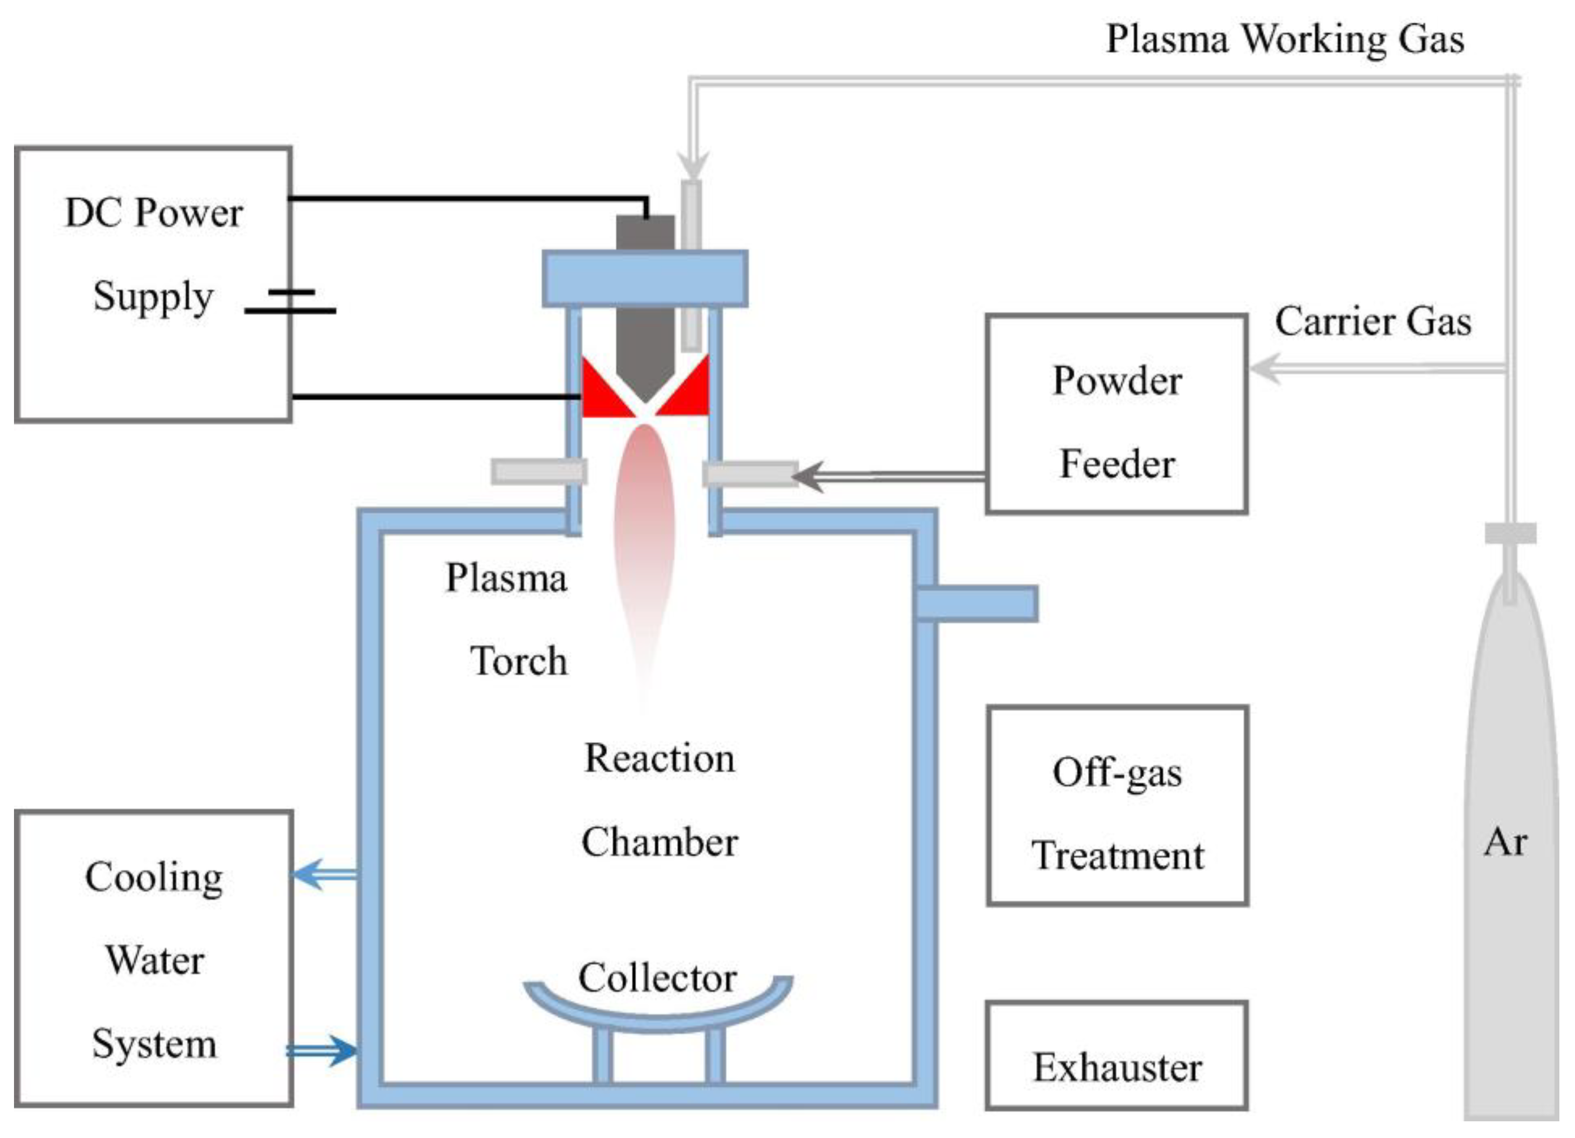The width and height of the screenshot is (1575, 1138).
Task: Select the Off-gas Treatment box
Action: click(x=1117, y=805)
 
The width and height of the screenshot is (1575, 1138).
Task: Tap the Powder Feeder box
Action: click(x=1117, y=415)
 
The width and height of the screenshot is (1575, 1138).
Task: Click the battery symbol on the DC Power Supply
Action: click(x=290, y=302)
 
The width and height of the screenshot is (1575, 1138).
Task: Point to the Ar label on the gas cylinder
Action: click(x=1505, y=843)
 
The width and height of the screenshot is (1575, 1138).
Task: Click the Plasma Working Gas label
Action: click(x=1285, y=39)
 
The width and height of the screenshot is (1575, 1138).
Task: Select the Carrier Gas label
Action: click(x=1373, y=322)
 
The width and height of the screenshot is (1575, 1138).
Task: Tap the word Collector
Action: click(x=657, y=978)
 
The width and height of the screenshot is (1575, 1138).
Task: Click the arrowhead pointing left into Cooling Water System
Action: click(x=305, y=874)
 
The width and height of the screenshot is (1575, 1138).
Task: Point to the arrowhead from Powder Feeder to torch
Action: click(x=807, y=476)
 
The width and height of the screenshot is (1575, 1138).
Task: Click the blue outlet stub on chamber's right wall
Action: click(x=977, y=603)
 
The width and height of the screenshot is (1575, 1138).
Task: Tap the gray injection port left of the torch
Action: click(x=539, y=471)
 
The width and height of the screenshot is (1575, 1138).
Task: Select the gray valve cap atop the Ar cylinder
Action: click(x=1510, y=533)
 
